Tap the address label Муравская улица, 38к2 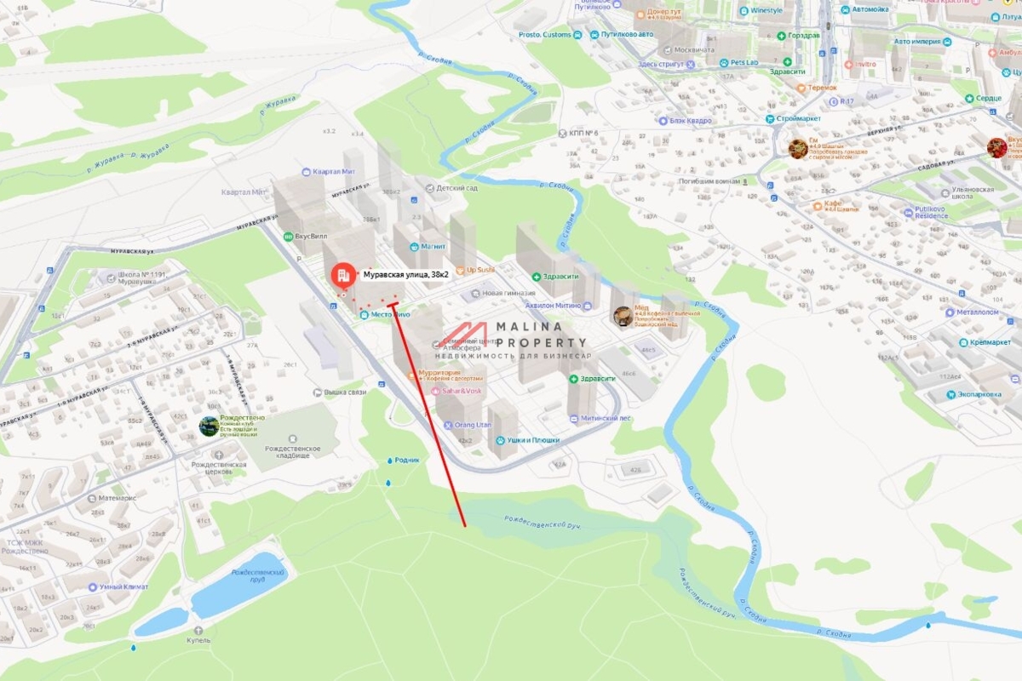click(x=406, y=275)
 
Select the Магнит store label click(x=433, y=246)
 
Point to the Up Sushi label click(x=480, y=270)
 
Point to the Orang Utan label click(x=474, y=425)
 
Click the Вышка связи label click(x=345, y=392)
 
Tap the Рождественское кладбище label click(x=292, y=452)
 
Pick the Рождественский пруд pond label click(x=256, y=575)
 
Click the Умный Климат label click(x=123, y=587)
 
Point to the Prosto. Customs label click(x=542, y=34)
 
